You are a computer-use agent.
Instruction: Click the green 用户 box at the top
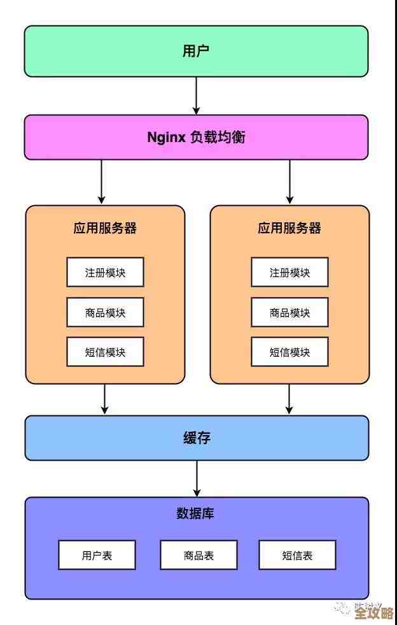196,51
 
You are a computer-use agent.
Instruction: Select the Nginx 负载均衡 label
196,137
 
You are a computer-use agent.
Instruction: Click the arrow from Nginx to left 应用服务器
102,182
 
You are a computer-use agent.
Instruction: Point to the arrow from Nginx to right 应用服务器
289,182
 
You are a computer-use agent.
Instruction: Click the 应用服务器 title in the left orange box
105,228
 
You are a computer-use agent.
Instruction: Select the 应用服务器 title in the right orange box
289,228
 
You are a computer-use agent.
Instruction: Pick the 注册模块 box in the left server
105,272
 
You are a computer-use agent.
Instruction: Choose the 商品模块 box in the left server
105,312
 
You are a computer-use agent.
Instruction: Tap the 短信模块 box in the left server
105,352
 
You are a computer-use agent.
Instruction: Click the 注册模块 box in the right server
289,272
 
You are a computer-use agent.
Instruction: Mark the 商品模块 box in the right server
289,312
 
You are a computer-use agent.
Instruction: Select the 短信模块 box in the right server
289,352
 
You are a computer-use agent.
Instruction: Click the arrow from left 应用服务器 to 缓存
105,399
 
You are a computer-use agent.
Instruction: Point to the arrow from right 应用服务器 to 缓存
289,399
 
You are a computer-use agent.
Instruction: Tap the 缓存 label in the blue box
196,438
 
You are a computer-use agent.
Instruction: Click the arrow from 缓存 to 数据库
197,478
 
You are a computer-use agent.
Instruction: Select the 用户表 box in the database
97,555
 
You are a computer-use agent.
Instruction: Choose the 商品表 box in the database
198,555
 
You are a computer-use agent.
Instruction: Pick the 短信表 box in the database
297,555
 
